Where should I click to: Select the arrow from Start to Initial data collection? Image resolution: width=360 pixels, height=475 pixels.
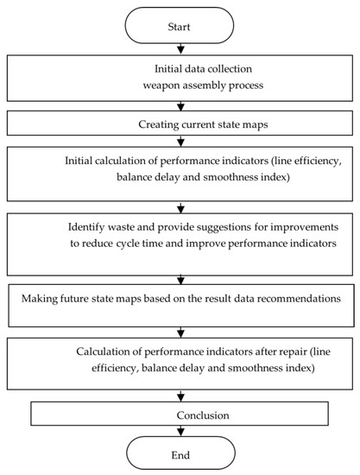[180, 50]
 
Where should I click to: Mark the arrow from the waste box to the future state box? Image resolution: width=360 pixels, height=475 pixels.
[180, 279]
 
